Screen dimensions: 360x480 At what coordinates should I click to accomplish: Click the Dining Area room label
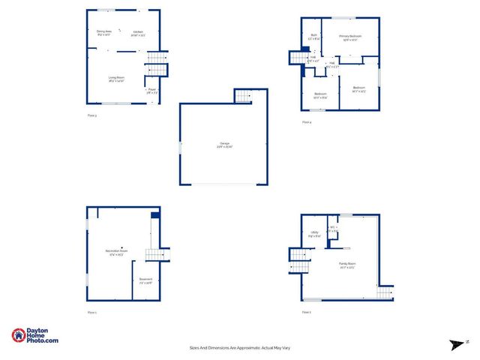pos(103,31)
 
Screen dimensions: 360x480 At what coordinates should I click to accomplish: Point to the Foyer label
pos(151,90)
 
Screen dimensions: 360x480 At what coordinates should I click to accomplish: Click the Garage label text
pos(224,143)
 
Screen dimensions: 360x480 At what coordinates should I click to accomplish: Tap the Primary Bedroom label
pos(349,35)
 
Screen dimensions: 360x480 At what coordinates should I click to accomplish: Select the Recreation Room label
pos(116,252)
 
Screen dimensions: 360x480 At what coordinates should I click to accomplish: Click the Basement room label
pos(145,280)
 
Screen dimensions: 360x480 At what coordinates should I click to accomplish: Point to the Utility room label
pos(314,232)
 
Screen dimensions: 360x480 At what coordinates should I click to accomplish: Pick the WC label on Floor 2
pos(333,227)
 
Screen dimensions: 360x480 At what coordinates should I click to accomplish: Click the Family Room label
pos(346,264)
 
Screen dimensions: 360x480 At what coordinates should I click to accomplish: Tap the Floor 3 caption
pos(92,115)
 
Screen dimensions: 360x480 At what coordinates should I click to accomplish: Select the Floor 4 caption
pos(306,122)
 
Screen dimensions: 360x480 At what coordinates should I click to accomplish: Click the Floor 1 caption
pos(92,311)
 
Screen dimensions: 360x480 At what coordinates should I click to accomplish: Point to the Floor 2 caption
pos(306,311)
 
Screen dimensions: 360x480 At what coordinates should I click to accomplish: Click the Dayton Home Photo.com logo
pos(35,336)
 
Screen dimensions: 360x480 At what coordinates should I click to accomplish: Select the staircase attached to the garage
pos(244,95)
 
